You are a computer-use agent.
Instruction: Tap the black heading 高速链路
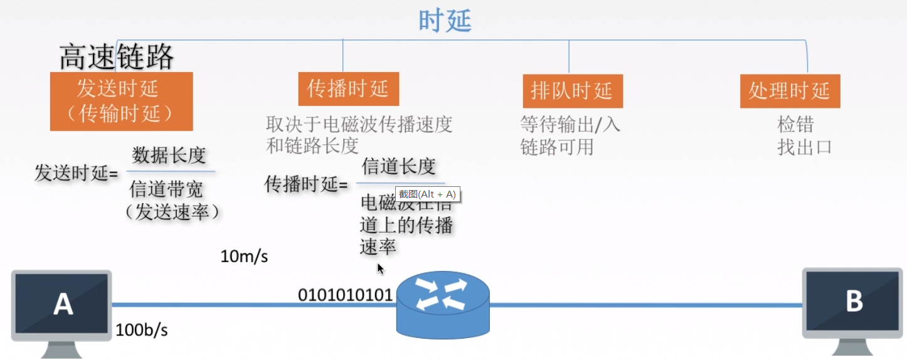[x=117, y=58]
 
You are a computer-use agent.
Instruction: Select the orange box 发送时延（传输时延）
[x=121, y=101]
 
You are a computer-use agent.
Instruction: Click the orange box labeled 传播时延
[x=348, y=89]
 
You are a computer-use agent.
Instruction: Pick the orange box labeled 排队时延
[x=572, y=91]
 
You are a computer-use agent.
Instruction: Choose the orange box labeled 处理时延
[x=789, y=91]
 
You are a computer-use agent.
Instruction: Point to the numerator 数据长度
[x=169, y=155]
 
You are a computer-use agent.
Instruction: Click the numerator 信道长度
[x=398, y=166]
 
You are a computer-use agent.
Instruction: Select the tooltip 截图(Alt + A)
[x=428, y=194]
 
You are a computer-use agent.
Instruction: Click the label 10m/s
[x=244, y=257]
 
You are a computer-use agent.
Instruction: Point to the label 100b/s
[x=142, y=331]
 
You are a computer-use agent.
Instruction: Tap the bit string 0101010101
[x=345, y=295]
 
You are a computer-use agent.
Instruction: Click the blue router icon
[x=442, y=302]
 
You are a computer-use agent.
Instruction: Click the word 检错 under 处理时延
[x=795, y=125]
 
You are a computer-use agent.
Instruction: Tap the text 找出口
[x=804, y=147]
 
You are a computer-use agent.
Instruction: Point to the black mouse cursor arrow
[x=380, y=268]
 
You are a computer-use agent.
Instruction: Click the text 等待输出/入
[x=570, y=124]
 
